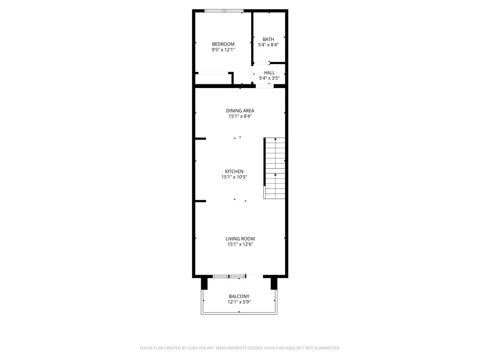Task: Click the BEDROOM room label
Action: [223, 44]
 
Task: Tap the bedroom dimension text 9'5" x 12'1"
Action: [223, 50]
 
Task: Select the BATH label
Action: [268, 39]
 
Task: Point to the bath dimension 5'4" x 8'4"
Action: [268, 45]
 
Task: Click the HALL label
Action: [269, 73]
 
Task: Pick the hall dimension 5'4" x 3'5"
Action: [269, 78]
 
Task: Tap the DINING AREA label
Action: [240, 111]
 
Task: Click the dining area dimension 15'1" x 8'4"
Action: [240, 117]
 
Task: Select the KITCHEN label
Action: [234, 172]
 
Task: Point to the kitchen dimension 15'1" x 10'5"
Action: [234, 177]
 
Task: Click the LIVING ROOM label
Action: [240, 239]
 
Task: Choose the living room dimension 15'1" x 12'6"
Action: [240, 244]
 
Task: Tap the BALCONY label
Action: [239, 296]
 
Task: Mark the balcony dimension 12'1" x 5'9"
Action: [239, 302]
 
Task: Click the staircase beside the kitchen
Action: [275, 168]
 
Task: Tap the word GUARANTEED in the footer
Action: [324, 348]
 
